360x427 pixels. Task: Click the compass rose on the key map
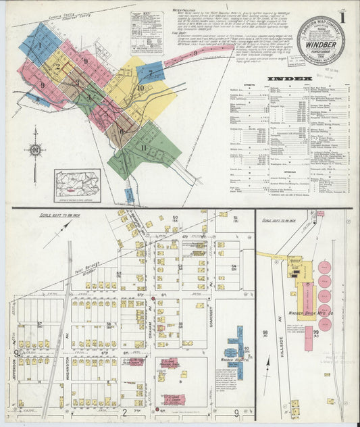point(35,150)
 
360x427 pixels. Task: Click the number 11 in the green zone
point(143,147)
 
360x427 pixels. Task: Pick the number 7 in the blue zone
point(151,72)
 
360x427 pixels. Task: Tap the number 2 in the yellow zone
point(58,67)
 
